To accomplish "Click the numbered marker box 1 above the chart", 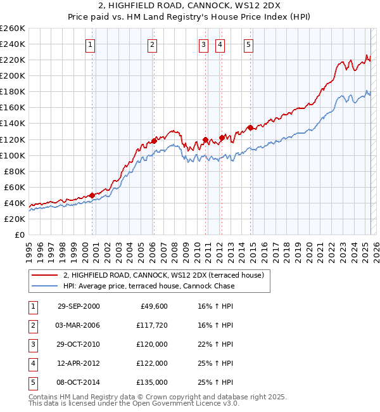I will tap(91, 44).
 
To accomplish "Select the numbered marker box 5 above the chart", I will tap(248, 44).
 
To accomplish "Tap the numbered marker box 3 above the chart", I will tap(203, 44).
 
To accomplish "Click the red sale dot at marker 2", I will tap(153, 141).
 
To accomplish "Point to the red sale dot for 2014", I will tap(250, 127).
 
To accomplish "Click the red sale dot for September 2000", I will tap(92, 195).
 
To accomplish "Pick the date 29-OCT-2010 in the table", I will tap(79, 344).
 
